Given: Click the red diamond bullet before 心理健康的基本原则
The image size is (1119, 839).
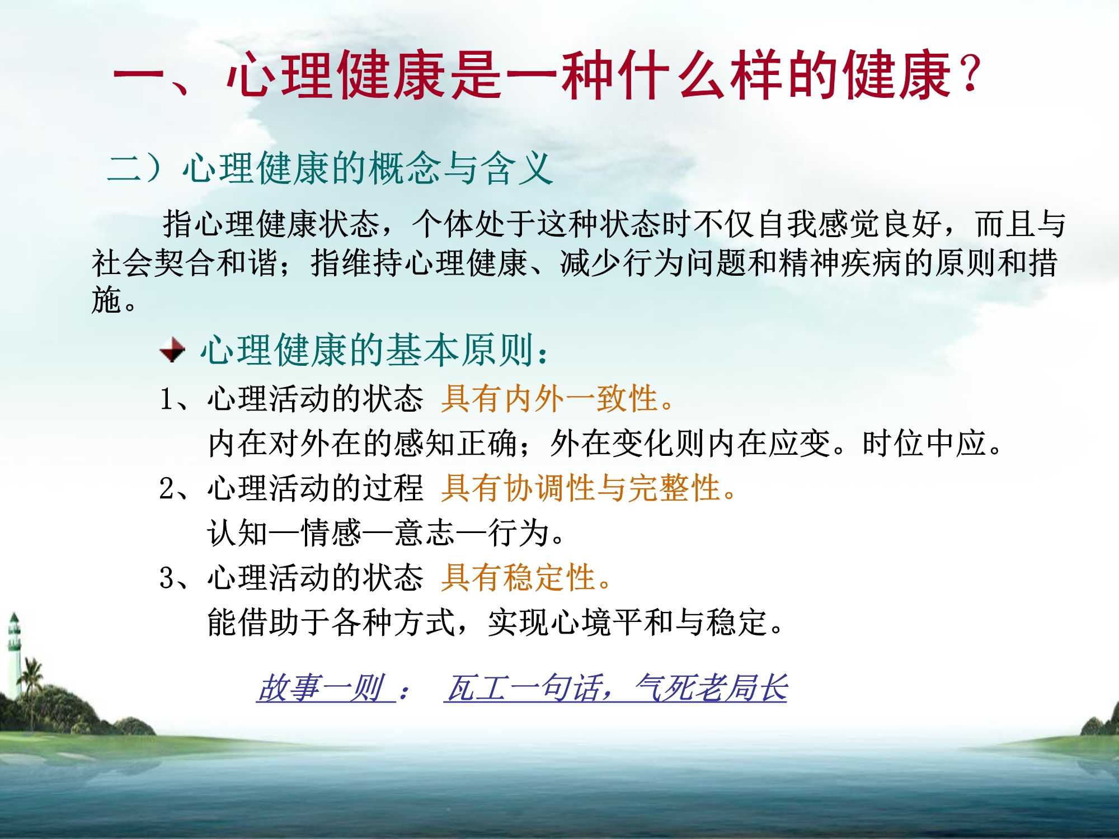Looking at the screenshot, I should click(172, 351).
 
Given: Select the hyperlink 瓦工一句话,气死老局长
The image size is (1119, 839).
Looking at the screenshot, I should click(615, 688).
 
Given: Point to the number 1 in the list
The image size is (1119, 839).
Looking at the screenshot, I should click(167, 399).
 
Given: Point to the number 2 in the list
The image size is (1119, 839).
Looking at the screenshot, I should click(167, 488).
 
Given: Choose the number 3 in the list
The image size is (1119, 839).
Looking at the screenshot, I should click(167, 578).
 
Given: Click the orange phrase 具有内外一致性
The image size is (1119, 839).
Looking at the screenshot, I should click(557, 399).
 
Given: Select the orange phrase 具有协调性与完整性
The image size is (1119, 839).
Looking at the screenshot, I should click(587, 488).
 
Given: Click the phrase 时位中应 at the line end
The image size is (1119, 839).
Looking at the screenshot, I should click(923, 444).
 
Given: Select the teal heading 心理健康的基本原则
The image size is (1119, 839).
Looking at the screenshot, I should click(366, 351).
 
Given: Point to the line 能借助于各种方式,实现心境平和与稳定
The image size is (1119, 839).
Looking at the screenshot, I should click(495, 622).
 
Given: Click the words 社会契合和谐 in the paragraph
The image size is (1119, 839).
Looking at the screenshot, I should click(185, 262).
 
